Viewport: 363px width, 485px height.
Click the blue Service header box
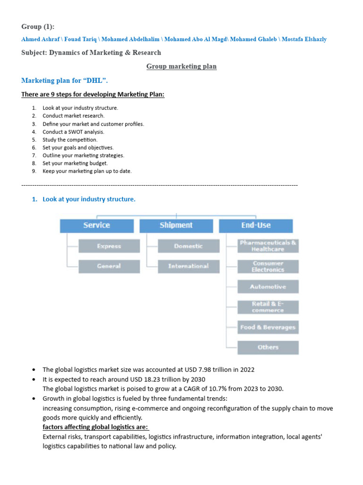coord(96,225)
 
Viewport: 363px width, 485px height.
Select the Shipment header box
coord(176,225)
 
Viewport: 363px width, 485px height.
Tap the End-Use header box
coord(256,225)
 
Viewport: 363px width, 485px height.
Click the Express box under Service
coord(109,246)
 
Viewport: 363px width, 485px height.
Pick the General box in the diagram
coord(109,266)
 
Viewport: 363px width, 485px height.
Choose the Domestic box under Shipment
coord(189,246)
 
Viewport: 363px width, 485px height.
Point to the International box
coord(189,266)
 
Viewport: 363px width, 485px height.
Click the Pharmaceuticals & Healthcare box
coord(268,246)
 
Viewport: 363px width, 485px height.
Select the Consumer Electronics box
coord(268,267)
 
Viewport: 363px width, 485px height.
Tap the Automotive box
coord(268,287)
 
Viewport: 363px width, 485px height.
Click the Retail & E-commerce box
coord(268,307)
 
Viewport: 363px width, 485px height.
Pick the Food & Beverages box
coord(268,327)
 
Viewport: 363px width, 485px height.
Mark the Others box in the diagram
coord(268,347)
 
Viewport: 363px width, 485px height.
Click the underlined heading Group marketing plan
coord(181,66)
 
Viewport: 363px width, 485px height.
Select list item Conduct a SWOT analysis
coord(73,132)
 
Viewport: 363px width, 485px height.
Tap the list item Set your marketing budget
coord(75,163)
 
